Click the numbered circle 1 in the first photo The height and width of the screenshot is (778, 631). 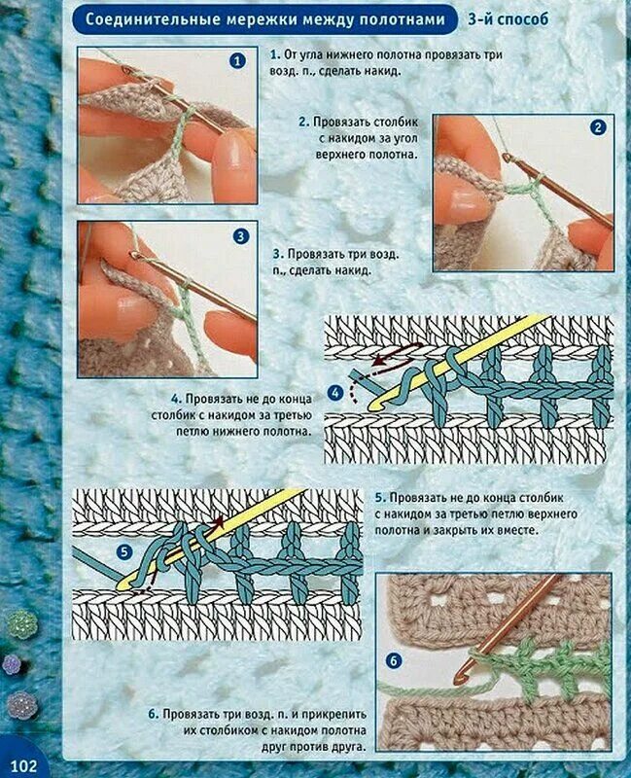[x=237, y=61]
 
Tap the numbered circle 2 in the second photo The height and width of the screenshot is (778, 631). [x=598, y=127]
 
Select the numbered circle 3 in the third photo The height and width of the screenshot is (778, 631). [x=240, y=236]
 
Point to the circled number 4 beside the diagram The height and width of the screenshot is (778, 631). [x=335, y=393]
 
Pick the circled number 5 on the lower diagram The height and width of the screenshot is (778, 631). [x=124, y=552]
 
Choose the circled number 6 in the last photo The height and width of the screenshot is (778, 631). [x=394, y=661]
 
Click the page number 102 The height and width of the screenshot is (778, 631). [x=23, y=765]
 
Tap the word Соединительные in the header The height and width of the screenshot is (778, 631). [x=153, y=18]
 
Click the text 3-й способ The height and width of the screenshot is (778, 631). [x=508, y=18]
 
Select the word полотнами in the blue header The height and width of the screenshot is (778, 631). [x=402, y=18]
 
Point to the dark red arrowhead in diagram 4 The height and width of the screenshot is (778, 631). [x=377, y=360]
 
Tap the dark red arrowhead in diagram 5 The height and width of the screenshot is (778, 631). [x=220, y=521]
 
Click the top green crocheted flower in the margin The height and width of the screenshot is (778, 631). [x=21, y=624]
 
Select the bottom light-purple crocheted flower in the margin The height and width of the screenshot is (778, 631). [x=21, y=705]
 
